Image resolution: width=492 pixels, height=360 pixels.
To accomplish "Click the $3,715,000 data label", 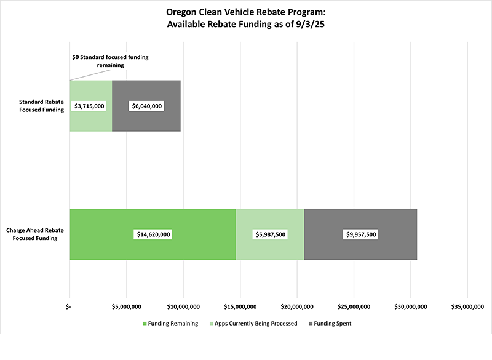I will click(89, 106).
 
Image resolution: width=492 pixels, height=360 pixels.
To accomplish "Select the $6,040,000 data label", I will click(146, 106).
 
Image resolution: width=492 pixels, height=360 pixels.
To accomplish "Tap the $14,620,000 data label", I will click(153, 234).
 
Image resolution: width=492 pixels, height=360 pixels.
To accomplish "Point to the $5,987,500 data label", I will click(270, 234).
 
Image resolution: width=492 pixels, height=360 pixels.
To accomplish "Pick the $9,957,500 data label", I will click(360, 234).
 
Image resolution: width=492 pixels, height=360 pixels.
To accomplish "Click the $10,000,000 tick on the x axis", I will click(183, 306).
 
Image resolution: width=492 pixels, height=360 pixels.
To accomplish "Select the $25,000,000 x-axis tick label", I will click(354, 306).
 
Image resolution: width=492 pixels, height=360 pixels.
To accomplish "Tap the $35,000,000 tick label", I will click(468, 306).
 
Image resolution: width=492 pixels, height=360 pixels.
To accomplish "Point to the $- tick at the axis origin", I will click(70, 306).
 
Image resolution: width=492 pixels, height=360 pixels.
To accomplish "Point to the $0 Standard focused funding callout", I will click(111, 60).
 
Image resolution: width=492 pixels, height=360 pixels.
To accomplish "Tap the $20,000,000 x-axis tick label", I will click(298, 306).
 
